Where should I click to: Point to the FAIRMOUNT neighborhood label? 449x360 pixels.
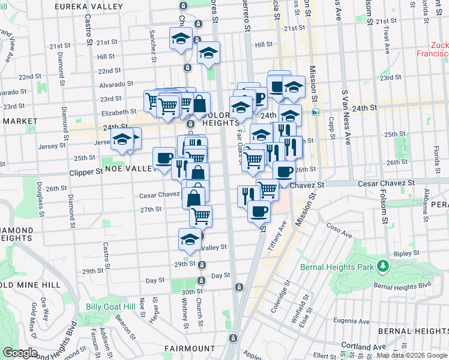tap(190, 348)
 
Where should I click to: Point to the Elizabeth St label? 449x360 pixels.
tap(119, 112)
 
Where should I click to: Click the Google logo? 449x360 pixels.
tap(19, 353)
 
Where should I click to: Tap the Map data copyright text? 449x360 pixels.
tap(412, 356)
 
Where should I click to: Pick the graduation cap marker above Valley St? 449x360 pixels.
tap(190, 238)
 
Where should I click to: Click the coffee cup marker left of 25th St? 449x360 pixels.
tap(164, 158)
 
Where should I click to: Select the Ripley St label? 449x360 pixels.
tap(402, 254)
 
